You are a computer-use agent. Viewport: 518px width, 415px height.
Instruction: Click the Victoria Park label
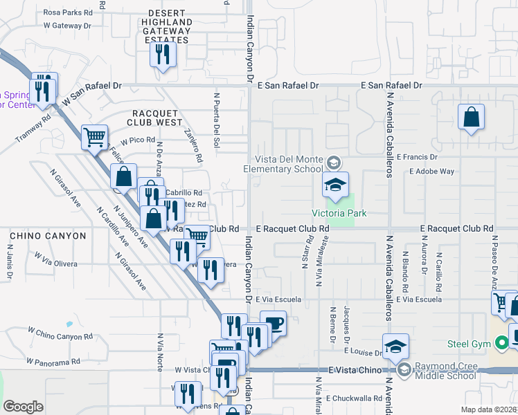(x=339, y=214)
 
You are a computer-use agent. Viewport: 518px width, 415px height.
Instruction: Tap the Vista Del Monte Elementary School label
(x=283, y=163)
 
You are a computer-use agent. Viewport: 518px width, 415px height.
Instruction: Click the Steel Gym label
(x=469, y=344)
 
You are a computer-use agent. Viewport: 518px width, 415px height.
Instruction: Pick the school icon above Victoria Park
(x=335, y=185)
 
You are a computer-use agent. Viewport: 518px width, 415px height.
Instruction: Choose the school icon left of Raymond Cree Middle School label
(x=395, y=346)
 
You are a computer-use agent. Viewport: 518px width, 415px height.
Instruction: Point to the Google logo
(x=23, y=406)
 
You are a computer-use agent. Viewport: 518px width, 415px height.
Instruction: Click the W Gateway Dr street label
(x=67, y=26)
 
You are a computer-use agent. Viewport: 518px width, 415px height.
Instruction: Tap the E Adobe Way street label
(x=431, y=171)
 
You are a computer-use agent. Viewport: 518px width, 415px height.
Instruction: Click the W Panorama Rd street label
(x=54, y=361)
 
